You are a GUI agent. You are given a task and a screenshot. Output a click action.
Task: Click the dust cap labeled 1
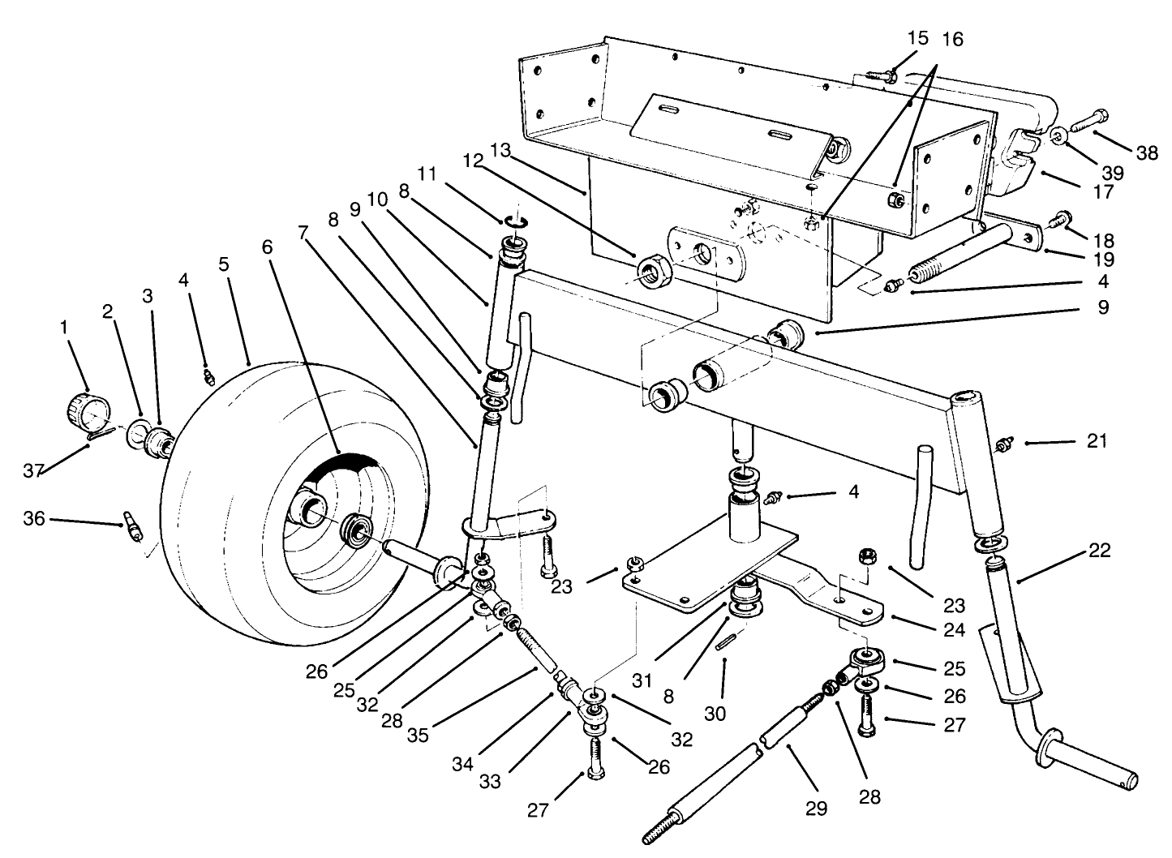tap(85, 410)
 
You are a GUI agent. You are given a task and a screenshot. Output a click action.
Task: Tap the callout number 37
tap(33, 471)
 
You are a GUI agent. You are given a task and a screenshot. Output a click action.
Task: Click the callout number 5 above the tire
tap(224, 265)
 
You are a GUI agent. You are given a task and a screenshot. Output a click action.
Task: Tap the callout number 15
tap(917, 38)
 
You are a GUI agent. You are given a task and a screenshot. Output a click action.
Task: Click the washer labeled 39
tap(1060, 135)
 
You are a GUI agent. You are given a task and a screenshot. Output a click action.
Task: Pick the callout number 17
tap(1102, 192)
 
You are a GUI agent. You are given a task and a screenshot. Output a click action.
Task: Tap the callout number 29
tap(815, 809)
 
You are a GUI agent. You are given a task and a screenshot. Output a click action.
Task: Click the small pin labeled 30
tap(727, 641)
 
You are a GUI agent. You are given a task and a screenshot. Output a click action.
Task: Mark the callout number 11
tap(427, 174)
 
